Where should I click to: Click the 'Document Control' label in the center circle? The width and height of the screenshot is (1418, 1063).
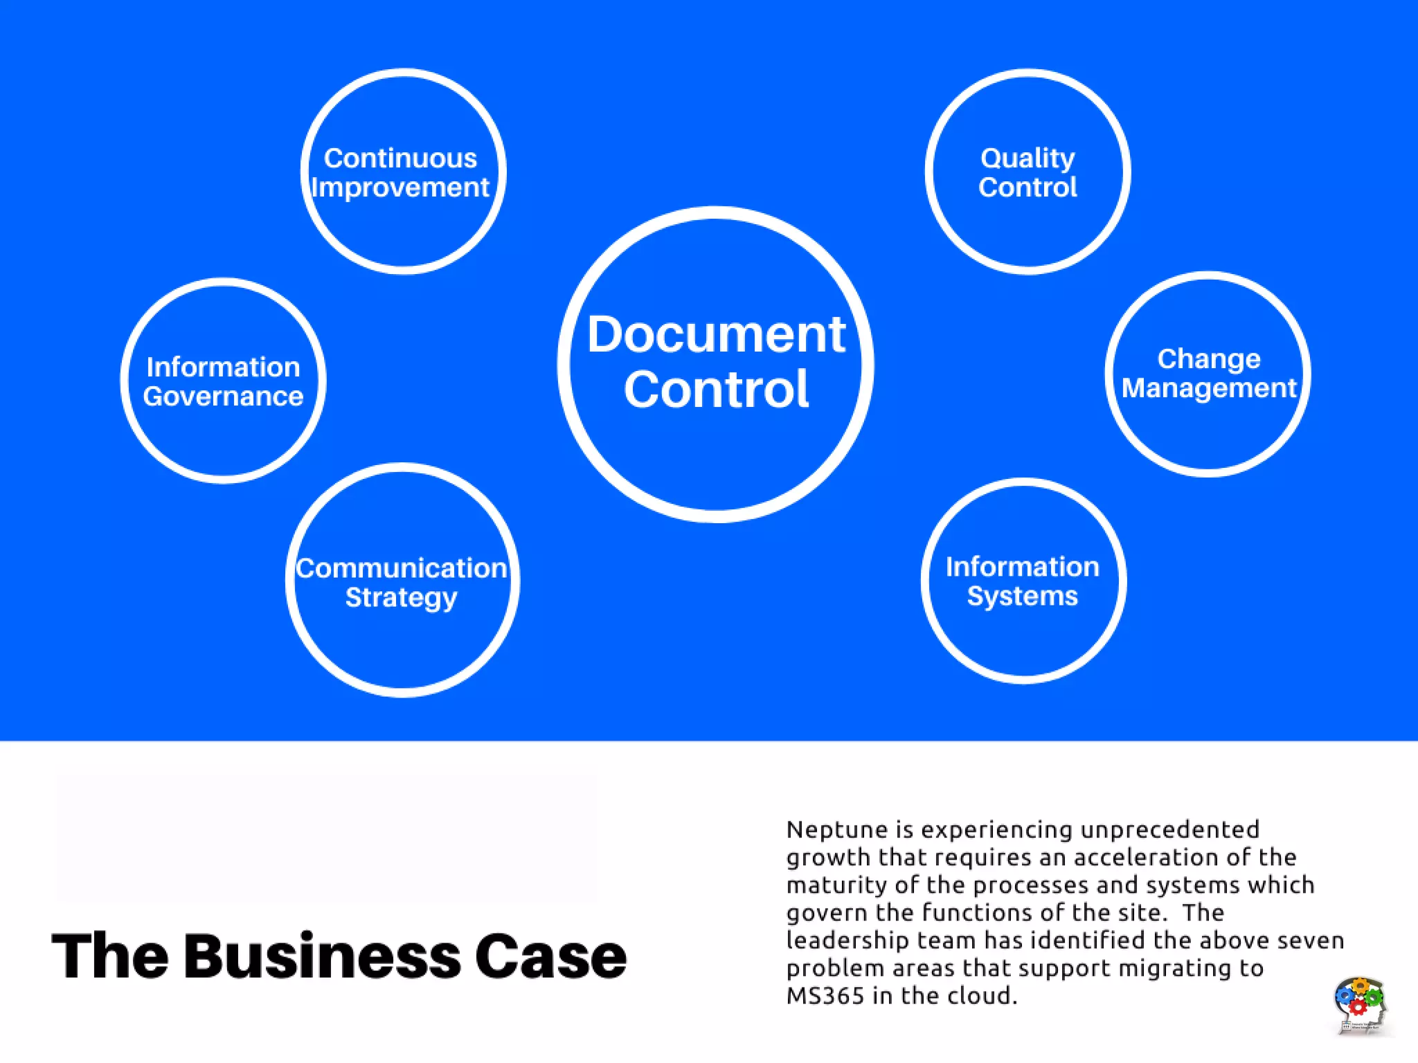716,362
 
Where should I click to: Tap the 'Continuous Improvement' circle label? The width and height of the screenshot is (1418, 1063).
401,173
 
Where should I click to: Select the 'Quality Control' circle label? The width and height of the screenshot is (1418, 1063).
1027,173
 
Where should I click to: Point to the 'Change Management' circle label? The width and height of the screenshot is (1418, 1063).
1208,374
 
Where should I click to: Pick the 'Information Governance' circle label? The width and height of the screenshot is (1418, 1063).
223,381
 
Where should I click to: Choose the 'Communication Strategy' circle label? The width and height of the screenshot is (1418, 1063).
402,583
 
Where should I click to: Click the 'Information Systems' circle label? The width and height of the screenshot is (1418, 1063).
1023,581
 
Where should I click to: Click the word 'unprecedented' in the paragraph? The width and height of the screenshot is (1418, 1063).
1169,830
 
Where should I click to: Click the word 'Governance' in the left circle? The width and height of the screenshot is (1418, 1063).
223,397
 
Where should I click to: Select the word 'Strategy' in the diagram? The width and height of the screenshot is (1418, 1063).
402,598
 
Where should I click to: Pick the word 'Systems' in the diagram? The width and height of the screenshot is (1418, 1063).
1023,597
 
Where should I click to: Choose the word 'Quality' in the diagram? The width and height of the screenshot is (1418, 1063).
1027,158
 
